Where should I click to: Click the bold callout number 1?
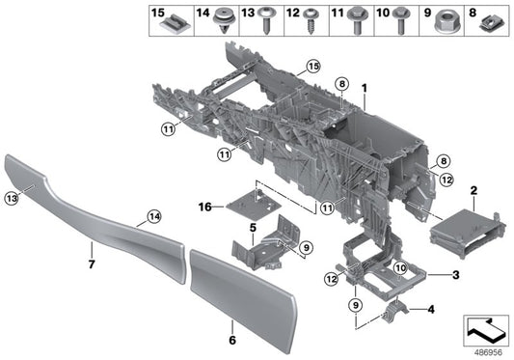(x=365, y=88)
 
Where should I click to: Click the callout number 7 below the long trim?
(x=93, y=263)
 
